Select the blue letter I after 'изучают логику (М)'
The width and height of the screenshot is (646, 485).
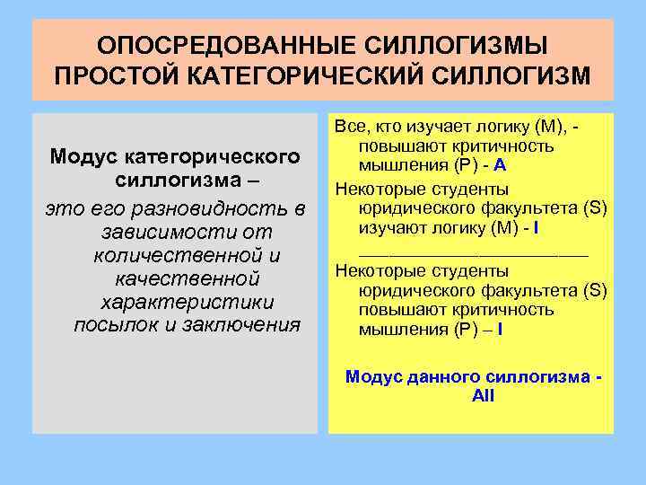(535, 228)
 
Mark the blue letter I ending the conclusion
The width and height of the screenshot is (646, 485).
(499, 330)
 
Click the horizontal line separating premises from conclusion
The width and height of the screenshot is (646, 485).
(473, 255)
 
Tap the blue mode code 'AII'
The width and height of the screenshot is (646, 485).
(483, 395)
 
